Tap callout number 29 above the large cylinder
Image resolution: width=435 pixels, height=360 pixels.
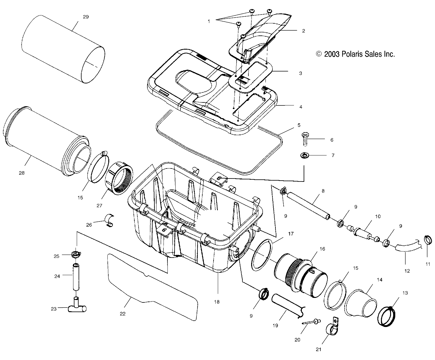tap(86, 17)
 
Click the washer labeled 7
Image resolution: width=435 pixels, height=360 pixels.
tap(303, 155)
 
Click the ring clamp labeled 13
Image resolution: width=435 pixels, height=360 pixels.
tap(386, 317)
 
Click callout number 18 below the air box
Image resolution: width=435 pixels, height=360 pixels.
tap(217, 302)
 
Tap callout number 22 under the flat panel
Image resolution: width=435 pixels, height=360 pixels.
tap(123, 314)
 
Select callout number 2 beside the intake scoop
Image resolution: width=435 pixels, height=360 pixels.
tap(303, 31)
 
